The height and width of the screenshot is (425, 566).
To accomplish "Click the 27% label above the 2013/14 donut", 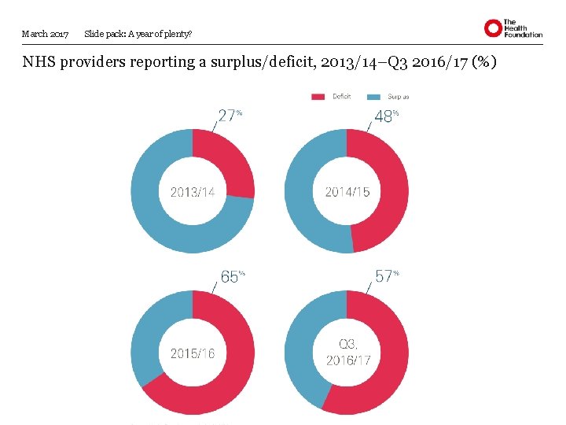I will [229, 116].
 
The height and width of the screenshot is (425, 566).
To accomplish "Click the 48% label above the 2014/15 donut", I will [385, 116].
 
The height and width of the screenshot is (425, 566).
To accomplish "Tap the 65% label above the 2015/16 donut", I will [232, 276].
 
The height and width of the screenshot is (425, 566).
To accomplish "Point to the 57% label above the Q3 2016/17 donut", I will [386, 276].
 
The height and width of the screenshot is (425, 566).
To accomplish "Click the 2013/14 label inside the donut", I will [193, 191].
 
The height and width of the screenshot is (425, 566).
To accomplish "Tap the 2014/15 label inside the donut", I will [347, 191].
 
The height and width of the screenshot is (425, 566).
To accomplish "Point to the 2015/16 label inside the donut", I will [193, 353].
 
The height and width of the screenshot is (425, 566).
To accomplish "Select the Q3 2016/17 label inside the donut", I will [347, 353].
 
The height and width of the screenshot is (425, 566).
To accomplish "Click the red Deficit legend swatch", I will [318, 97].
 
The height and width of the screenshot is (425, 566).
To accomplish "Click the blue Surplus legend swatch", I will [374, 97].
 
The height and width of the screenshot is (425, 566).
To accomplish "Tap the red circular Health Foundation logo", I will [493, 29].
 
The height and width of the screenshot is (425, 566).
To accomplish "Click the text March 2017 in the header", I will [45, 34].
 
